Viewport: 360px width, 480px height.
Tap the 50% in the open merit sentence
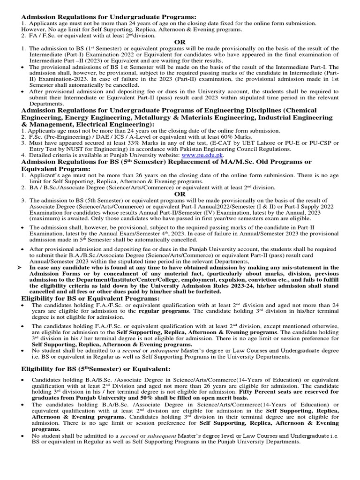pyautogui.click(x=154, y=398)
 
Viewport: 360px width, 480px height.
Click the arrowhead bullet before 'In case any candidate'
pyautogui.click(x=19, y=267)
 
